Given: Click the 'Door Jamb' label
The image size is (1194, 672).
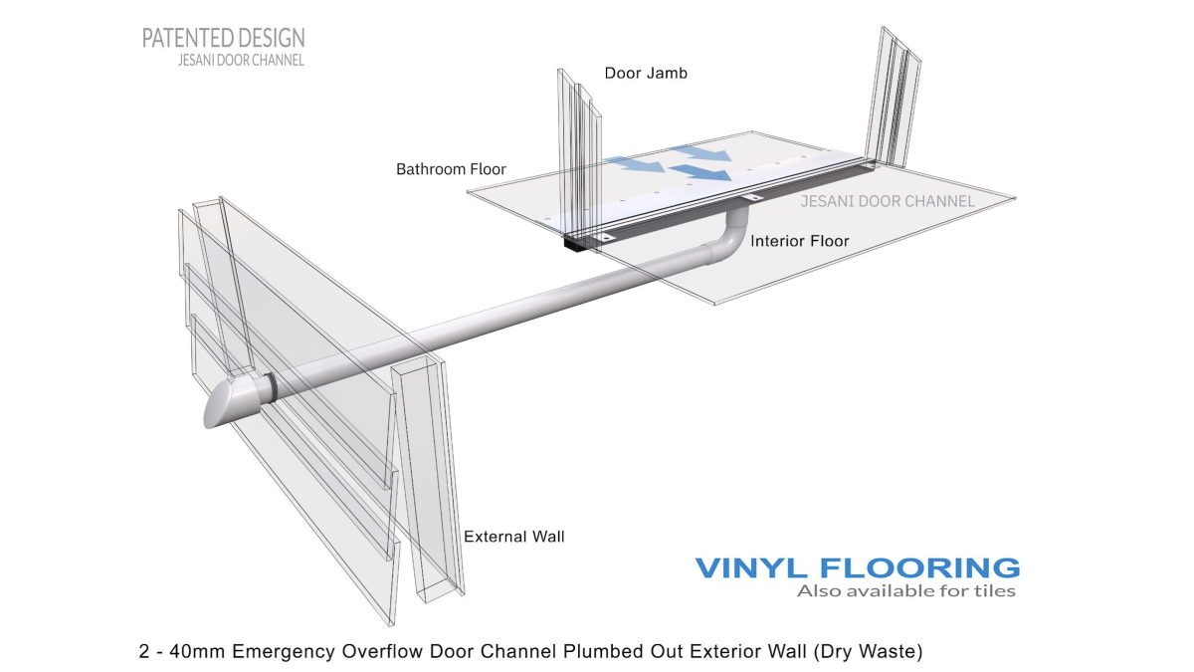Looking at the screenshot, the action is pyautogui.click(x=646, y=73).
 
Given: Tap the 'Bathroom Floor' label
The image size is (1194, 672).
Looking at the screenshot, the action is pyautogui.click(x=451, y=169).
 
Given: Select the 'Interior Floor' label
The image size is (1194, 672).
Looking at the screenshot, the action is pyautogui.click(x=800, y=241).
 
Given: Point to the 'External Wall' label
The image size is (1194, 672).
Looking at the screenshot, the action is pyautogui.click(x=513, y=537).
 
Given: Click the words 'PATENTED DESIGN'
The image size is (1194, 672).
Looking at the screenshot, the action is pyautogui.click(x=223, y=38).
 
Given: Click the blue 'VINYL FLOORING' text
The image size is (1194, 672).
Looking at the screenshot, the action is pyautogui.click(x=857, y=568).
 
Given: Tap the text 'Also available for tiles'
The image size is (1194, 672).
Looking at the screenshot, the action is pyautogui.click(x=906, y=591).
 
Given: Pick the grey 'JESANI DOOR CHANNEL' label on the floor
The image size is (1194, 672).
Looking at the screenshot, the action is pyautogui.click(x=888, y=201).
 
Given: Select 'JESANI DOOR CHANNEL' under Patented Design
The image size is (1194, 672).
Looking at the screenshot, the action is pyautogui.click(x=241, y=61).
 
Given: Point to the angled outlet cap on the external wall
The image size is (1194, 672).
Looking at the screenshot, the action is pyautogui.click(x=232, y=403).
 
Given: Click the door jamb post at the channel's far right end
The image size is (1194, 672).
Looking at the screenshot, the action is pyautogui.click(x=893, y=99).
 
